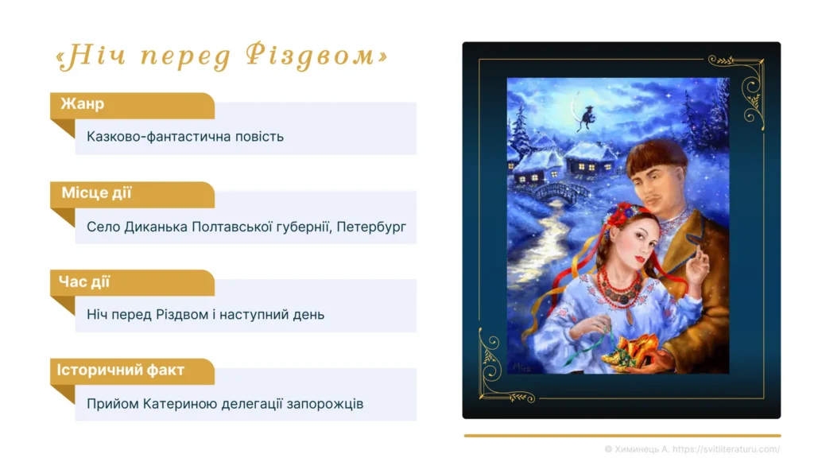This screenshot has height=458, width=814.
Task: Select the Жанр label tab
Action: tap(83, 105)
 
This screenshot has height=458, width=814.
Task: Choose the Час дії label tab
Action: tap(84, 282)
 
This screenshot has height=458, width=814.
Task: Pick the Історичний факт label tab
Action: tap(121, 371)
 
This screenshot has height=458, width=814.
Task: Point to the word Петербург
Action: tap(371, 227)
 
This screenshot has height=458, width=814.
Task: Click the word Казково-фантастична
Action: tap(150, 136)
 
